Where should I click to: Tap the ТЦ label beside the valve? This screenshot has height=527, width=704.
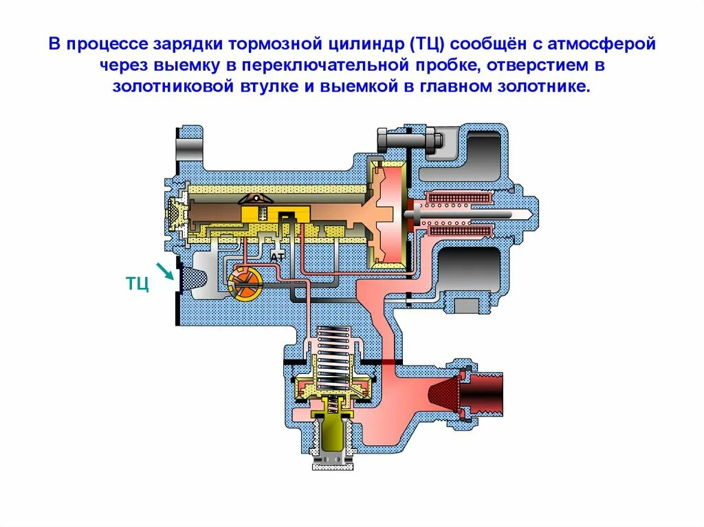point(137,284)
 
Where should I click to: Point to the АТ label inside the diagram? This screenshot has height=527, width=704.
point(278,256)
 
